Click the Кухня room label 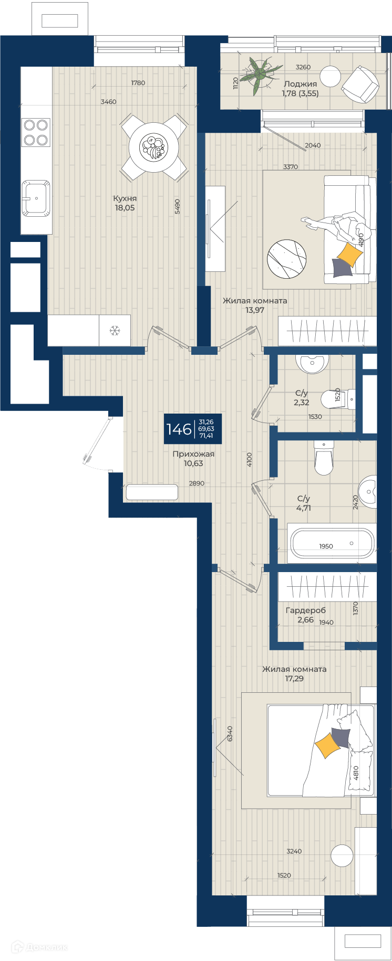pos(125,198)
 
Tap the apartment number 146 pos(179,429)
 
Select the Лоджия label pos(300,84)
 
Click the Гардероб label pos(305,610)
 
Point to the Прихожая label pos(193,454)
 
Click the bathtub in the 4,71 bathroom pos(332,543)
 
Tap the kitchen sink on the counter pos(36,198)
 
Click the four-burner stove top pos(36,132)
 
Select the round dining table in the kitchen pos(154,147)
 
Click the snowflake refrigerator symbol pos(115,331)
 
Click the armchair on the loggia pos(360,84)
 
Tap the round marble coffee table pos(287,259)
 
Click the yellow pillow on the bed pos(327,745)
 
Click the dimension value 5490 pos(178,206)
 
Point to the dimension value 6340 pos(230,733)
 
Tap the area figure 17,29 pos(294,679)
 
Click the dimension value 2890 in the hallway pos(197,483)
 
